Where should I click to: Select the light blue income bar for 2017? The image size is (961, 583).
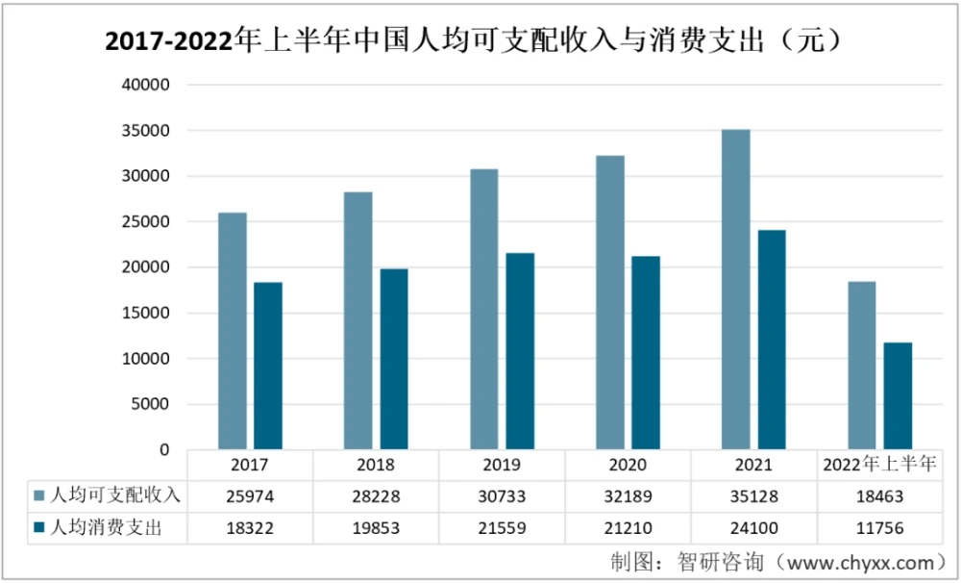click(x=232, y=331)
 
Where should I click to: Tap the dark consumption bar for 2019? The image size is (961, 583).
click(x=520, y=351)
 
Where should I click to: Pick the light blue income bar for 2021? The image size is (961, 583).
click(x=735, y=289)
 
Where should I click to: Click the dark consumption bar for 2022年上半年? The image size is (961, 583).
click(x=898, y=396)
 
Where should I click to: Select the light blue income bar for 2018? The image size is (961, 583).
click(x=357, y=320)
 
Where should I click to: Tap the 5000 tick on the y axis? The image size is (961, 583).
click(x=153, y=404)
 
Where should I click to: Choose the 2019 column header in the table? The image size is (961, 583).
click(x=502, y=465)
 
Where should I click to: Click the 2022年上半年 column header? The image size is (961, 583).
click(x=879, y=465)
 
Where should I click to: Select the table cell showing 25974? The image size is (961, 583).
click(x=250, y=496)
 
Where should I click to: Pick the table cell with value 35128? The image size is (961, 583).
click(x=753, y=496)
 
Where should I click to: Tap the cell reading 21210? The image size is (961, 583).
click(x=628, y=528)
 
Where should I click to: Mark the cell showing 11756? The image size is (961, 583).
click(x=879, y=528)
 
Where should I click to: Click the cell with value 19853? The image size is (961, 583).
click(x=376, y=528)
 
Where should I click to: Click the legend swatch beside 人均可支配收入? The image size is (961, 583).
click(x=38, y=496)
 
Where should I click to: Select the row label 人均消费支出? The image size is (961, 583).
click(x=107, y=528)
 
